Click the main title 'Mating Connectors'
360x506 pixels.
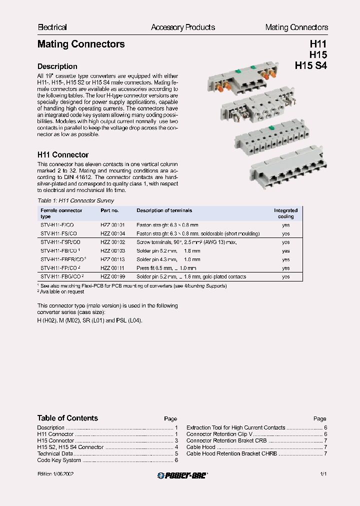point(81,44)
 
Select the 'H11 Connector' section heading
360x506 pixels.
point(63,155)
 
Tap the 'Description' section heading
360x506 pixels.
point(57,66)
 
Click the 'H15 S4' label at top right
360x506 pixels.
point(310,65)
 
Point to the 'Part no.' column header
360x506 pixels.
point(109,210)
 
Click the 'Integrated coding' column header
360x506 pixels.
point(285,213)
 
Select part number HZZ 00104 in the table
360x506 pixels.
point(112,233)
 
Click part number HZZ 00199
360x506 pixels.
point(112,276)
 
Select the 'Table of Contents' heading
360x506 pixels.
point(67,418)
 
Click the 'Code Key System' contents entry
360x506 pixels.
point(59,460)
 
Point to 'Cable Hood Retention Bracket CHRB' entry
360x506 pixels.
point(231,453)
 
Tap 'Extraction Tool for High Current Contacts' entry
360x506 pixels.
point(235,427)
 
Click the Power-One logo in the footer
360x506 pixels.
point(182,475)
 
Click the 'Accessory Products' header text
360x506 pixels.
point(183,27)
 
